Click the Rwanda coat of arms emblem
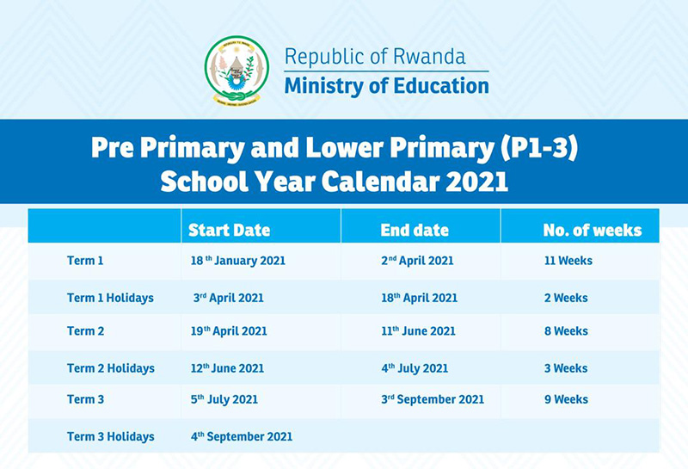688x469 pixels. point(236,71)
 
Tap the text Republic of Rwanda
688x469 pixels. point(375,57)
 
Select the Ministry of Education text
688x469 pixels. point(386,86)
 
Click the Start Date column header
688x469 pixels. point(229,230)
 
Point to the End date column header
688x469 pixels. point(415,230)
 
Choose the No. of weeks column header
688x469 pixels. point(593,230)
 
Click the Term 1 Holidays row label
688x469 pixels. point(110,298)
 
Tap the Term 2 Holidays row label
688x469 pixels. point(111,368)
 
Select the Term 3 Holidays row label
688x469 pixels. point(111,436)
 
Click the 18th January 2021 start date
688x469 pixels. point(238,261)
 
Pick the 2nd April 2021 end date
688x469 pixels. point(417,261)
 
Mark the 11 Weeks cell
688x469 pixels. point(568,261)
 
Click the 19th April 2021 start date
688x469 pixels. point(229,330)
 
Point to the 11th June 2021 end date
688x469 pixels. point(418,330)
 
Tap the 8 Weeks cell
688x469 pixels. point(566,330)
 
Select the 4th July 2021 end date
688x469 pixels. point(415,368)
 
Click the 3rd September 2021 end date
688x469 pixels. point(433,399)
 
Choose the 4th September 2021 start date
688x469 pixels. point(242,436)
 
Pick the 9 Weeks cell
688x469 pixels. point(566,399)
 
